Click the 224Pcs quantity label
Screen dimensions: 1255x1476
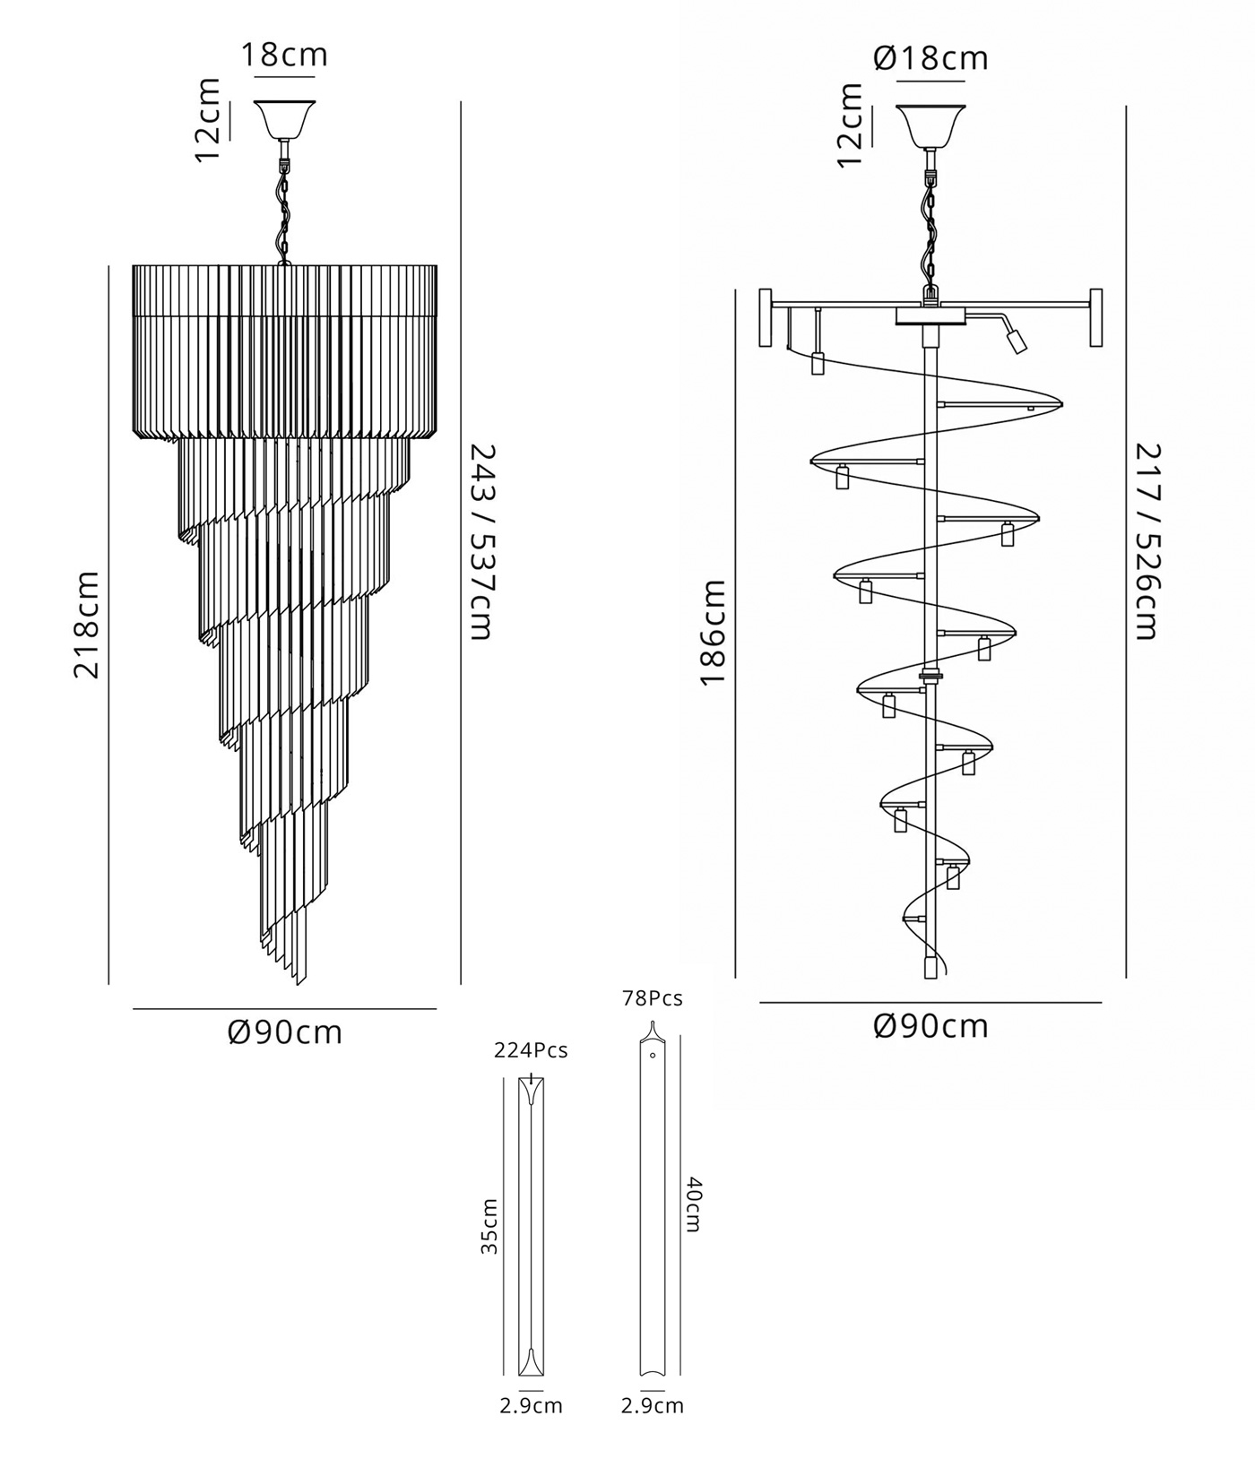click(x=531, y=1050)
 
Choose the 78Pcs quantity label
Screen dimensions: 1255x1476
click(x=653, y=998)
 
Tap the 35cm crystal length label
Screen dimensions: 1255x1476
click(x=489, y=1226)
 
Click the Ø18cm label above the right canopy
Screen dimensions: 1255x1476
click(x=930, y=58)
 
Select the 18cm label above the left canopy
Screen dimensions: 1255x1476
click(x=285, y=55)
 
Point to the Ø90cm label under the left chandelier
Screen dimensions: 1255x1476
click(x=285, y=1032)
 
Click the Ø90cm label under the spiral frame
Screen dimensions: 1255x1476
click(x=930, y=1025)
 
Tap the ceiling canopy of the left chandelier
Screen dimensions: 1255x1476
click(x=285, y=119)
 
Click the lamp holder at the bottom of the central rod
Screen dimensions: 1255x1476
click(x=930, y=967)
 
